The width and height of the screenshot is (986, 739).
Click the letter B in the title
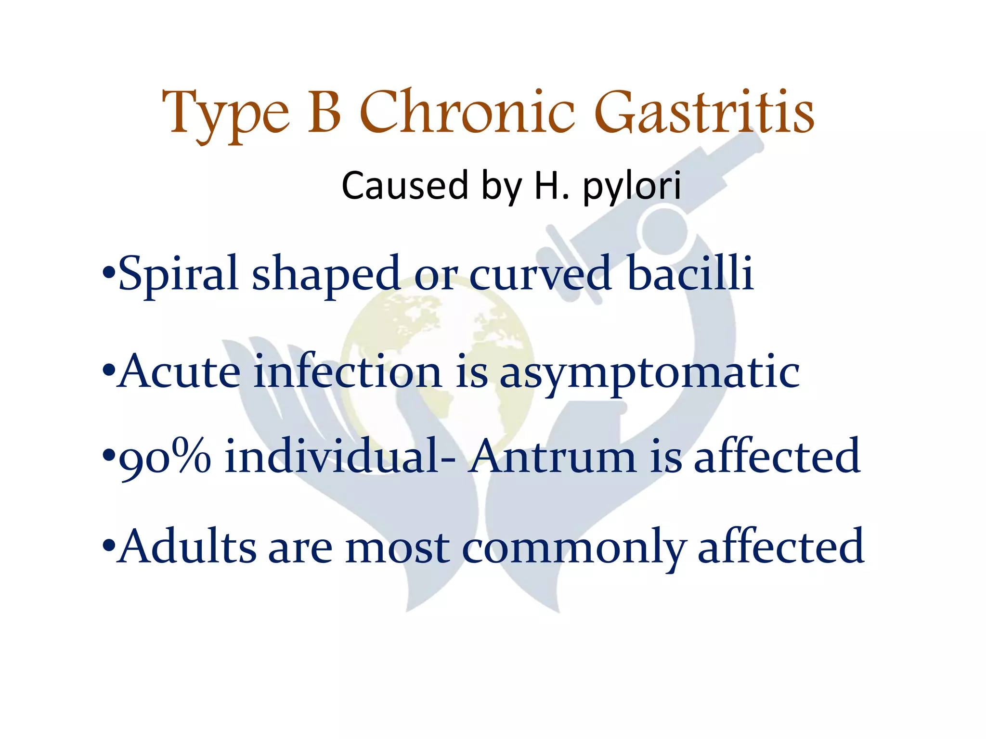(324, 112)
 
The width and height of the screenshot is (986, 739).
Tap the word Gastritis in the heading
(704, 112)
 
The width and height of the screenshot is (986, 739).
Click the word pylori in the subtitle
(632, 187)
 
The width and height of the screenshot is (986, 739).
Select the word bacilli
(690, 273)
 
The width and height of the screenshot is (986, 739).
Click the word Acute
(179, 371)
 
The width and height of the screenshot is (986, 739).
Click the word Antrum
(553, 457)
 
